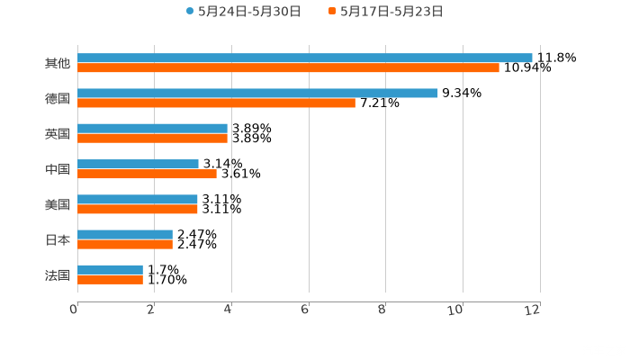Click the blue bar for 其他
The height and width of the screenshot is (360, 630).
click(304, 58)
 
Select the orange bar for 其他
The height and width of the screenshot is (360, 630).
click(288, 68)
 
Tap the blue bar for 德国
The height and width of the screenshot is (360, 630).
click(257, 93)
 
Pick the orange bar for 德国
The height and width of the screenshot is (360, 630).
click(216, 103)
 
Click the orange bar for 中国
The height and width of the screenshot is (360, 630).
click(147, 174)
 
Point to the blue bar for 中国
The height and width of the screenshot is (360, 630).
click(138, 164)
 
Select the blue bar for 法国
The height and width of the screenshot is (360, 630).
click(110, 269)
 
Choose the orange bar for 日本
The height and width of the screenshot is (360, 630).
click(125, 244)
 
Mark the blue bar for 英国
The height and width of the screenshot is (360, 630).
click(152, 129)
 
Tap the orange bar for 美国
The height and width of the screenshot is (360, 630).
click(138, 209)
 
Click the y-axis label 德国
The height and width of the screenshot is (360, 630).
click(57, 98)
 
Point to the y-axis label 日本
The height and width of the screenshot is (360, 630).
click(57, 239)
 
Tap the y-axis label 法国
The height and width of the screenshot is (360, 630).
click(57, 274)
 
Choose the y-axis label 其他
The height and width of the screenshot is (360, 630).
click(57, 63)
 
